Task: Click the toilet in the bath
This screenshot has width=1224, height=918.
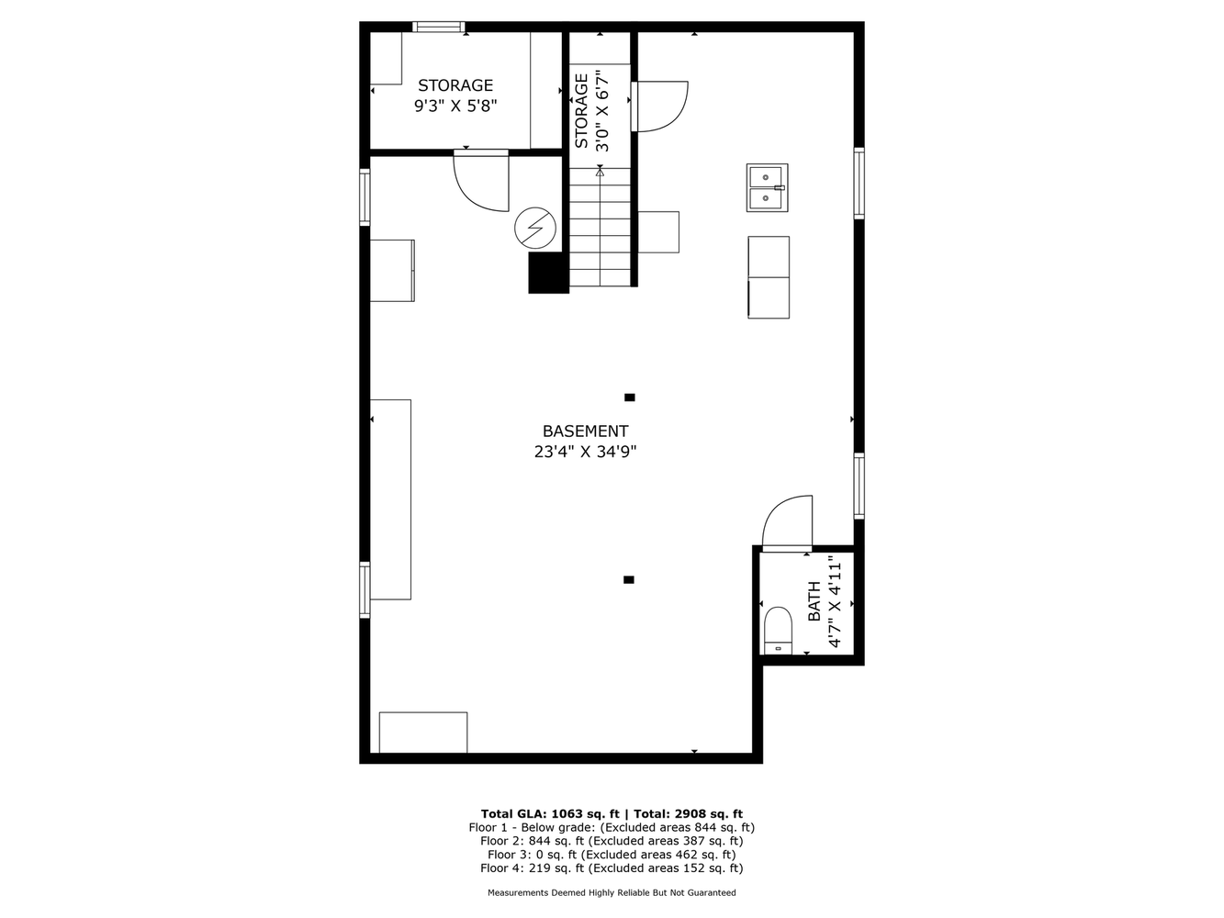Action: (x=778, y=631)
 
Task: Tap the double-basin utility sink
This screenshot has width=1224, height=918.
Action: (x=767, y=188)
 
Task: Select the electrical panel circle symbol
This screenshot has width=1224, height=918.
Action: (x=535, y=228)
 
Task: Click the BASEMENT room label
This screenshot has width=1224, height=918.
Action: (x=585, y=431)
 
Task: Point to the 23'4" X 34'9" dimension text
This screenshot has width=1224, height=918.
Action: (x=585, y=452)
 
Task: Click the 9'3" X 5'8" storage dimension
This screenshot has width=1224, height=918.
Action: (x=455, y=106)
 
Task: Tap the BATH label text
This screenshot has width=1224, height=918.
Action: (x=814, y=601)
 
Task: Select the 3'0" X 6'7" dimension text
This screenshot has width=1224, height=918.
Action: (x=602, y=110)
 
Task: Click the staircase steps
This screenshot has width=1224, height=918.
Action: (x=600, y=227)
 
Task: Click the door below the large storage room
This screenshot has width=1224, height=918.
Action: (x=481, y=181)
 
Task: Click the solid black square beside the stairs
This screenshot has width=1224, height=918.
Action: (x=548, y=273)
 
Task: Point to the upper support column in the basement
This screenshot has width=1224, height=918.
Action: (x=630, y=397)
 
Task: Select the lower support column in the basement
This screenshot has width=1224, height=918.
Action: (x=628, y=579)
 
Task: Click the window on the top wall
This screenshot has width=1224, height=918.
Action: (x=438, y=27)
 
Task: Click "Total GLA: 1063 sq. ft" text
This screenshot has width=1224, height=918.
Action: (x=550, y=813)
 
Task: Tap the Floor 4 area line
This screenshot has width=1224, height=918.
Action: (x=612, y=868)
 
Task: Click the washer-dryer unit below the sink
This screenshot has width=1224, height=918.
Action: (x=769, y=277)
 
